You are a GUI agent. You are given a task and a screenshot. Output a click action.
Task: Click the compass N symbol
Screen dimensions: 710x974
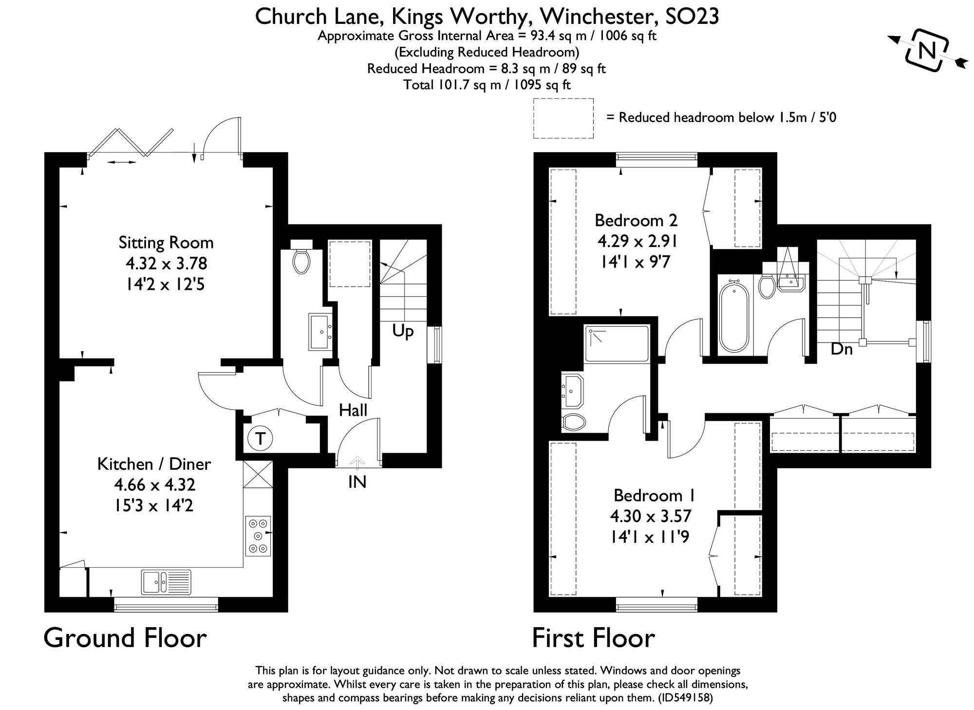pyautogui.click(x=927, y=50)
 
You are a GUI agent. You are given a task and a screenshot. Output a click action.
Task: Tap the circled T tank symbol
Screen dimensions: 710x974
pyautogui.click(x=260, y=439)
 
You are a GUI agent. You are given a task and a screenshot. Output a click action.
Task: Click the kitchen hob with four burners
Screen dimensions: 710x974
pyautogui.click(x=258, y=536)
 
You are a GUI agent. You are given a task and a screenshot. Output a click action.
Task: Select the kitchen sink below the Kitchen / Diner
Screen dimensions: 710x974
pyautogui.click(x=167, y=582)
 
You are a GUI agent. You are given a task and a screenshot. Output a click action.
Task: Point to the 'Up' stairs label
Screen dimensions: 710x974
pyautogui.click(x=403, y=331)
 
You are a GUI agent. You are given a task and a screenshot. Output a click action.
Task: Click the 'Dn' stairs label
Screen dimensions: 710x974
pyautogui.click(x=842, y=348)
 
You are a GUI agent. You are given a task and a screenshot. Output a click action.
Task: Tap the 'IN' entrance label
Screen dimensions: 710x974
pyautogui.click(x=357, y=482)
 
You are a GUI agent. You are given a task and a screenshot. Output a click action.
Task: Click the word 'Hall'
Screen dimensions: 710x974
pyautogui.click(x=353, y=410)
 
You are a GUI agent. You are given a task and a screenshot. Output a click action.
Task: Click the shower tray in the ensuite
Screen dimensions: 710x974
pyautogui.click(x=617, y=344)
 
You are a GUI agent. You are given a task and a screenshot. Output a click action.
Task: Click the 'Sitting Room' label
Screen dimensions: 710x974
pyautogui.click(x=166, y=242)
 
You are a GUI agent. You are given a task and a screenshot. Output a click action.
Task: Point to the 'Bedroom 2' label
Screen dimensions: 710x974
pyautogui.click(x=636, y=220)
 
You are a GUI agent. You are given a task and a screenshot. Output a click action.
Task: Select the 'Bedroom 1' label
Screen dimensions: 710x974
pyautogui.click(x=654, y=495)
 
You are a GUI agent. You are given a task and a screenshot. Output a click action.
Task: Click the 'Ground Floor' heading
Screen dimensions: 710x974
pyautogui.click(x=125, y=638)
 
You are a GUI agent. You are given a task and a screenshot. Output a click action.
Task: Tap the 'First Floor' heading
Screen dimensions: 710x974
pyautogui.click(x=593, y=638)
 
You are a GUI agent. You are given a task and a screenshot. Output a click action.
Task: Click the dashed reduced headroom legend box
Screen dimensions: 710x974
pyautogui.click(x=563, y=118)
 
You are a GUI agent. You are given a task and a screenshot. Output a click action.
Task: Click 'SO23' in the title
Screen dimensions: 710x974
pyautogui.click(x=692, y=17)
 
